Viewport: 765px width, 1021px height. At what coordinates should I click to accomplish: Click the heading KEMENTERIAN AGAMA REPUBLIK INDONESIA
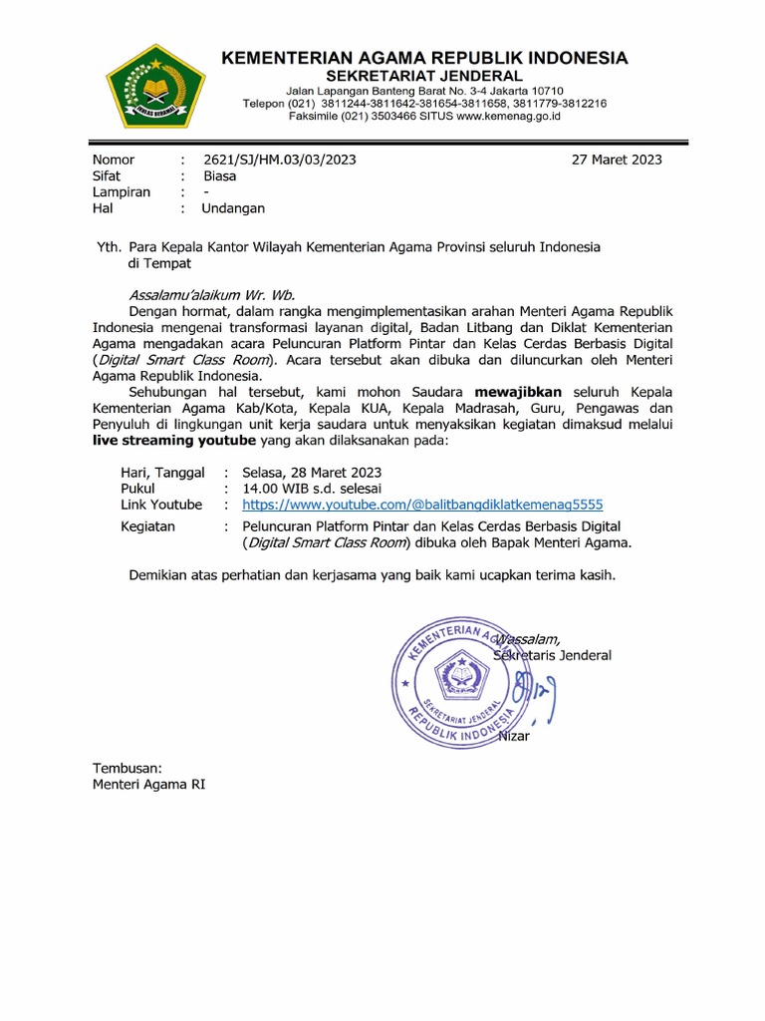(x=423, y=58)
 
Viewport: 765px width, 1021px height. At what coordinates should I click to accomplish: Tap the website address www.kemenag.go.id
(x=509, y=116)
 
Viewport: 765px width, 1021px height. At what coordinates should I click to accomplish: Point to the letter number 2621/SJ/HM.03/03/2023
(x=279, y=160)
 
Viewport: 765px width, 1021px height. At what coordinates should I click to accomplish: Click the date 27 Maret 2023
(x=617, y=160)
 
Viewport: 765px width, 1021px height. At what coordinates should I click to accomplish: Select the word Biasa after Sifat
(x=220, y=175)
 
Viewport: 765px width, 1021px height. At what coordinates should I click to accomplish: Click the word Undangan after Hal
(x=233, y=208)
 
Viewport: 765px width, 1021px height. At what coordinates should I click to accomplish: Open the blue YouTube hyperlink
(x=423, y=505)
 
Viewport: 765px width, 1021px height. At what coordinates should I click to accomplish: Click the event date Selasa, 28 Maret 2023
(x=312, y=472)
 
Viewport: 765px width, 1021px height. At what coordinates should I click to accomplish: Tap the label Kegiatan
(x=147, y=525)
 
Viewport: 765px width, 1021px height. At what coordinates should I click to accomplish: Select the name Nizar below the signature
(x=514, y=736)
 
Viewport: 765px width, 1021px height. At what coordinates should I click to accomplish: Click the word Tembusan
(x=127, y=768)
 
